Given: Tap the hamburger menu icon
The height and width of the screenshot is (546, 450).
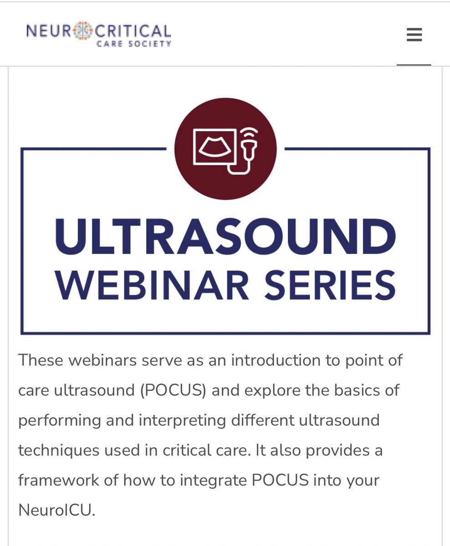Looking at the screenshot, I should [414, 35].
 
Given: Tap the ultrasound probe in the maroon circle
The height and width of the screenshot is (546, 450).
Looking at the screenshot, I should [249, 145].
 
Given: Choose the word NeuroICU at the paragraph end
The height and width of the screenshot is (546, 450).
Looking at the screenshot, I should [56, 510].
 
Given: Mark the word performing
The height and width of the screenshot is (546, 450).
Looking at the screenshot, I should [60, 420].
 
